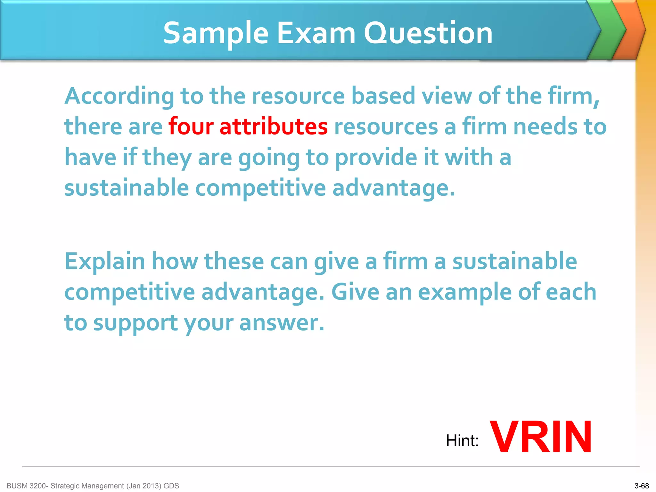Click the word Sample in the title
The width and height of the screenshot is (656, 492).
pyautogui.click(x=216, y=33)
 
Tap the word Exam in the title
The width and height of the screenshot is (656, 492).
pyautogui.click(x=316, y=33)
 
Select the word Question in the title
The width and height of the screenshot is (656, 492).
pyautogui.click(x=428, y=33)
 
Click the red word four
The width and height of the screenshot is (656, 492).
pyautogui.click(x=191, y=126)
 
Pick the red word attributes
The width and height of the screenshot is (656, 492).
pyautogui.click(x=274, y=126)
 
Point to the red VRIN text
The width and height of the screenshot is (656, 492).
pyautogui.click(x=541, y=437)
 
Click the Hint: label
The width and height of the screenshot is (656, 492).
pyautogui.click(x=462, y=440)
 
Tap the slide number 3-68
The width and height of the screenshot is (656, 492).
pyautogui.click(x=642, y=486)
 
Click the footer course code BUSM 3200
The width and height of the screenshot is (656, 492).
pyautogui.click(x=27, y=486)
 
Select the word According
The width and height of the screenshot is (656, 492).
pyautogui.click(x=119, y=96)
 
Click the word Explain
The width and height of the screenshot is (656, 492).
pyautogui.click(x=105, y=261)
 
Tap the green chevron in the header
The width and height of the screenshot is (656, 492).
pyautogui.click(x=606, y=30)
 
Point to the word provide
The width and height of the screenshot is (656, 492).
pyautogui.click(x=376, y=157)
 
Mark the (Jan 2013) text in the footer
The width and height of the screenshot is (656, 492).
pyautogui.click(x=144, y=486)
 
